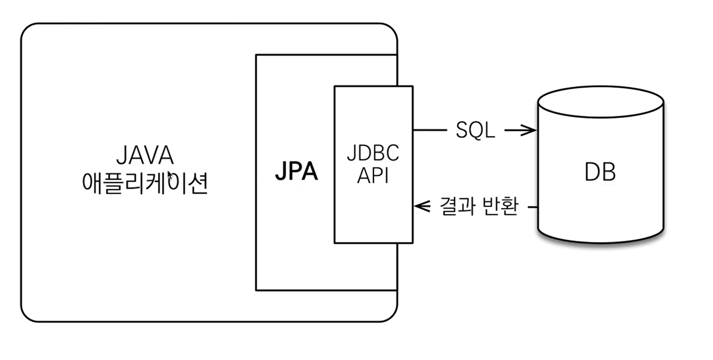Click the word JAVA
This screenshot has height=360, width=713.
coord(145,155)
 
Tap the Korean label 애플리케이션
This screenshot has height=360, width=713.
coord(145,183)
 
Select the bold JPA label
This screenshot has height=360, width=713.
coord(296,171)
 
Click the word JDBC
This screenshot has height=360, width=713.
coord(373,153)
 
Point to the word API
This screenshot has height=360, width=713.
coord(373,175)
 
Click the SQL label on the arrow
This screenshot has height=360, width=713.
coord(475,130)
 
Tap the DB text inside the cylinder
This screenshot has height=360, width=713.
coord(600,172)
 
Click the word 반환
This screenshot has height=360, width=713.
coord(500,206)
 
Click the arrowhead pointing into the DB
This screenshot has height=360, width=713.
coord(529,130)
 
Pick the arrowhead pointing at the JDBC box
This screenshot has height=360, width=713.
coord(422,206)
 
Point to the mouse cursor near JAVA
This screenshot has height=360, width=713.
coord(170,175)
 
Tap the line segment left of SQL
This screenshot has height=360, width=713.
coord(430,130)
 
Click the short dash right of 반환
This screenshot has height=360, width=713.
coord(533,207)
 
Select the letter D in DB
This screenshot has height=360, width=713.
coord(592,172)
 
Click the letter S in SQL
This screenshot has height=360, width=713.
coord(462,130)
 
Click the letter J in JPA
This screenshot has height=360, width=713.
coord(281,171)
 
